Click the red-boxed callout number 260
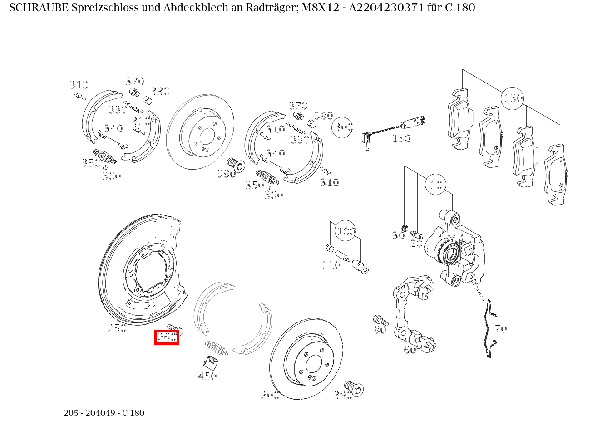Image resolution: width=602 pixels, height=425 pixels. pos(167,337)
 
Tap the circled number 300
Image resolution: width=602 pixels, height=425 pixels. pos(342,127)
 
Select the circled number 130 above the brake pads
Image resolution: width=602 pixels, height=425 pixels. pos(513,98)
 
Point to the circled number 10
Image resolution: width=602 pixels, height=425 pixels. pos(436,185)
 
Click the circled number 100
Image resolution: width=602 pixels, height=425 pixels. pos(345,230)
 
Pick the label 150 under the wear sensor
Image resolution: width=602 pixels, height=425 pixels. pos(401,138)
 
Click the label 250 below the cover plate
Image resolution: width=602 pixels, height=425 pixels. pos(117,328)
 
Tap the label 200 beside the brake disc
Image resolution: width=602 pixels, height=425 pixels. pos(270,395)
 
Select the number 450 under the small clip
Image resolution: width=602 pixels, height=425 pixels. pos(207,376)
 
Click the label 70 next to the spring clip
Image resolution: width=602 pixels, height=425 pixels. pos(501,329)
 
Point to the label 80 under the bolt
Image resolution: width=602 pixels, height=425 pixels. pos(380,330)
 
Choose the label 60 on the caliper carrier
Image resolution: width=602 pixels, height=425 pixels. pos(410,350)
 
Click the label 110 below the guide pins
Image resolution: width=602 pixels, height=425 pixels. pos(331,265)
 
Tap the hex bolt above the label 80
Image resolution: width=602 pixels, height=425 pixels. pos(380,320)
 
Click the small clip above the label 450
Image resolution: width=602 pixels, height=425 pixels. pos(211,363)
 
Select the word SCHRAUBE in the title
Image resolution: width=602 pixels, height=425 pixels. pos(39,8)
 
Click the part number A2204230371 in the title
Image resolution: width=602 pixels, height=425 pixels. pos(387,8)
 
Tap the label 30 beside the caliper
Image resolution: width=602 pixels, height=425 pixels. pos(399,236)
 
